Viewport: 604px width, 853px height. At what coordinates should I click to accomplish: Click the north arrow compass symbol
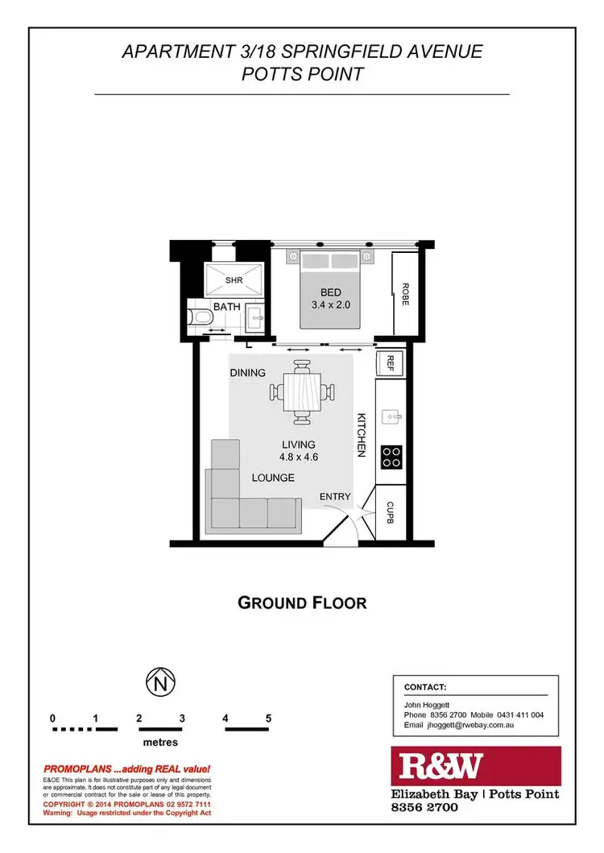click(x=159, y=683)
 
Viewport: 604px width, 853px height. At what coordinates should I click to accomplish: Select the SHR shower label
click(x=234, y=280)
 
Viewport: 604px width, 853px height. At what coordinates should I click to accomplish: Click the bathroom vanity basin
click(x=255, y=317)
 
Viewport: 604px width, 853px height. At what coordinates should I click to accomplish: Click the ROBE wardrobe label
click(x=406, y=292)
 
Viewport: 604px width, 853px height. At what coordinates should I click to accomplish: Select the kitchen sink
click(x=391, y=416)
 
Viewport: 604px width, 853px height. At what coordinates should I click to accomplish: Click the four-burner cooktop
click(x=391, y=457)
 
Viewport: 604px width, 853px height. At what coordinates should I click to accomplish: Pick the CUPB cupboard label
click(x=390, y=512)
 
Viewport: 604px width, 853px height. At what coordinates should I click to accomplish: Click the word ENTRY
click(x=335, y=497)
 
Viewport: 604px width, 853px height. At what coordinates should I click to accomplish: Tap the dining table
click(x=302, y=393)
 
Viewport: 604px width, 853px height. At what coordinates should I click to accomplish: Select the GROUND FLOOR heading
click(x=302, y=602)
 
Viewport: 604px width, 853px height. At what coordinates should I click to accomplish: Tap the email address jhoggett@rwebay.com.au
click(x=459, y=725)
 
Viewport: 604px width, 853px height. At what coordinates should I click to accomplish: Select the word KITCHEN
click(x=362, y=436)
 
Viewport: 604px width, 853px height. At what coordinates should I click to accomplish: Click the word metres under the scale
click(x=160, y=742)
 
